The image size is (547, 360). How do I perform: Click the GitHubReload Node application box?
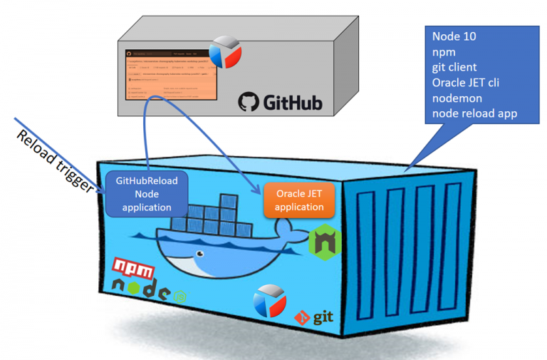[x=148, y=194]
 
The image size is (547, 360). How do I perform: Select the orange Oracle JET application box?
[x=299, y=200]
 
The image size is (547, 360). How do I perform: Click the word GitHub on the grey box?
[x=292, y=103]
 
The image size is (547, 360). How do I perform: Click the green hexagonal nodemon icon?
[x=325, y=242]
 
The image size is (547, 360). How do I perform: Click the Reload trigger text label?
[x=53, y=160]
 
